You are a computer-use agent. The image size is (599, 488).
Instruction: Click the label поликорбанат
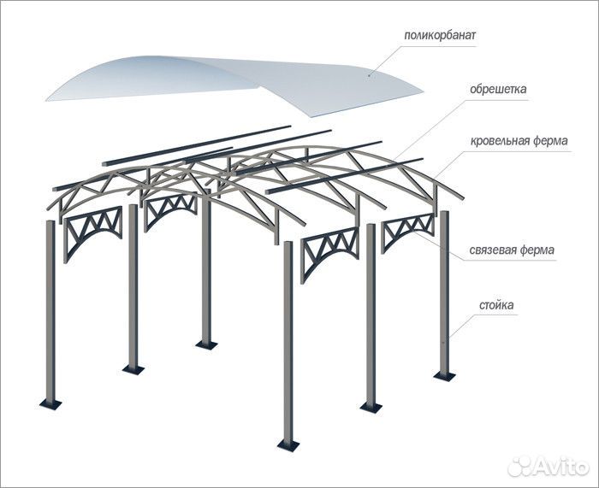(440, 36)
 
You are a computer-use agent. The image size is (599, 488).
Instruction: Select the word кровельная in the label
(496, 141)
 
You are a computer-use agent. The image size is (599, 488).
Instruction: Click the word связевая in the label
(492, 250)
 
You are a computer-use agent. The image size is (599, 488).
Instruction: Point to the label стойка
(496, 306)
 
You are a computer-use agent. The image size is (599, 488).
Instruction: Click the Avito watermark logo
(548, 466)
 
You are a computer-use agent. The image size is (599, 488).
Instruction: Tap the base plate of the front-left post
(50, 404)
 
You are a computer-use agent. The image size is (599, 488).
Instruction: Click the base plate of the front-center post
(288, 445)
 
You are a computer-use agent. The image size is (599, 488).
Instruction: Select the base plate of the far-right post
(444, 376)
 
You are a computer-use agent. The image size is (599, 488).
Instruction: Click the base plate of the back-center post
(206, 345)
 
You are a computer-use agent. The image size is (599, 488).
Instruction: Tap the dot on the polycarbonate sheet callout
(369, 75)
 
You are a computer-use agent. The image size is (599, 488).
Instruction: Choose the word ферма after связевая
(537, 250)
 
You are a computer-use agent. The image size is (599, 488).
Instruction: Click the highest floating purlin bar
(197, 146)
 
